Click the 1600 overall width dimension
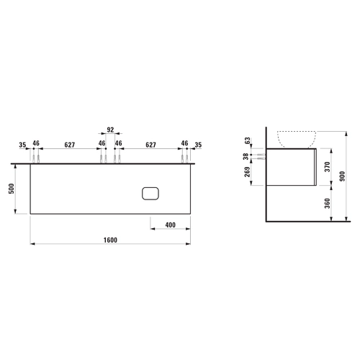[110, 240]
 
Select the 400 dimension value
[171, 225]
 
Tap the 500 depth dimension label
[12, 189]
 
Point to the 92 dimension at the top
[110, 130]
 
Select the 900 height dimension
[343, 176]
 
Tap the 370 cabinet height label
[328, 167]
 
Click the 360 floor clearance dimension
[328, 203]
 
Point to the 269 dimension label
[247, 172]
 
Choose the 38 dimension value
[246, 157]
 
